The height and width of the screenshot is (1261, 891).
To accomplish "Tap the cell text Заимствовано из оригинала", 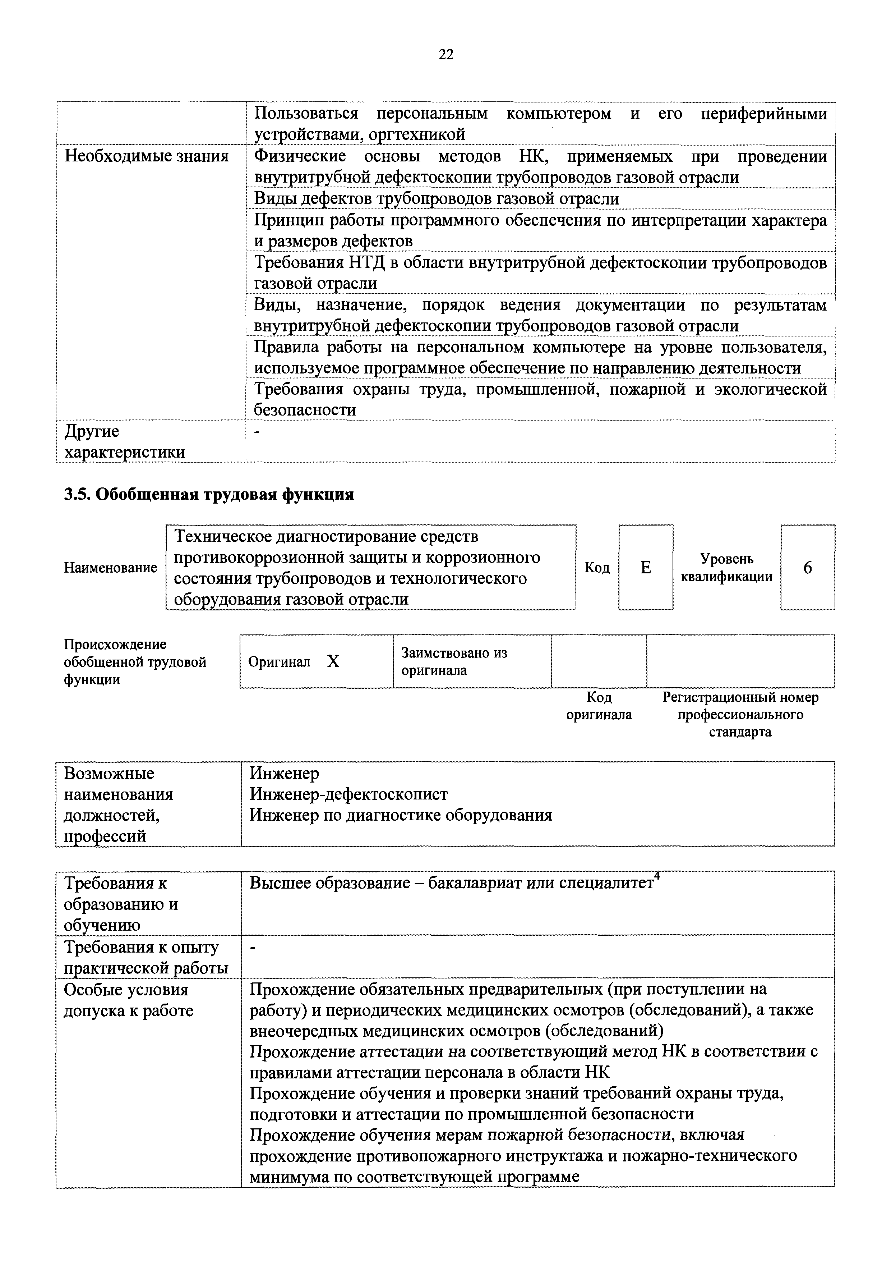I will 454,661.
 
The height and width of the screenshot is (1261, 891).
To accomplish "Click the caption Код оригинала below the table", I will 599,706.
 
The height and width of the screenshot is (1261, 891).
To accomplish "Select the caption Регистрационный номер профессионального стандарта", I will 740,715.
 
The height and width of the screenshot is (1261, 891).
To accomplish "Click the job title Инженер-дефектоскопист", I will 348,794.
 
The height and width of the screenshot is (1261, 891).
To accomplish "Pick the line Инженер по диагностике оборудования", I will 401,815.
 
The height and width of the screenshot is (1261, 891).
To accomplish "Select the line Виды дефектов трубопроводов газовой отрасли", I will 437,199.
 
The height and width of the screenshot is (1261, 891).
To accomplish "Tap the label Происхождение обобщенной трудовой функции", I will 135,662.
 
